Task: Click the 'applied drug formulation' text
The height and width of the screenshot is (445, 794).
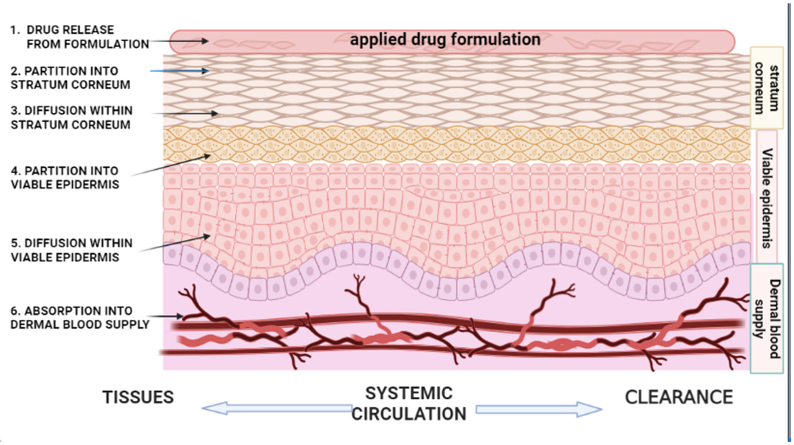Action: [x=445, y=40]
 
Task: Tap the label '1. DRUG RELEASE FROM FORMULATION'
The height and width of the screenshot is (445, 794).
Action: [x=80, y=37]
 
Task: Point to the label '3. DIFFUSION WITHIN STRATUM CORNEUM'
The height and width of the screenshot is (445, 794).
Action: [x=72, y=118]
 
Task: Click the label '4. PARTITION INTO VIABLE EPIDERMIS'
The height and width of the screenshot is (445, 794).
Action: [x=65, y=177]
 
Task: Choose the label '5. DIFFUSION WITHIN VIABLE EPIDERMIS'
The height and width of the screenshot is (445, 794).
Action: [x=72, y=250]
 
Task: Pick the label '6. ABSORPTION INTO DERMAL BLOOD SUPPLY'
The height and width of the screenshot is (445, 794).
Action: [x=80, y=318]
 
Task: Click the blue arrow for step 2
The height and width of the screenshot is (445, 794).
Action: [x=179, y=71]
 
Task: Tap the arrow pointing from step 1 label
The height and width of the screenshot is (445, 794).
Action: [x=179, y=41]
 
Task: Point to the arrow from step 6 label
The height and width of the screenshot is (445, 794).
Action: [x=165, y=316]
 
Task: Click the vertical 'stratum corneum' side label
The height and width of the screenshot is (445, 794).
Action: [x=766, y=88]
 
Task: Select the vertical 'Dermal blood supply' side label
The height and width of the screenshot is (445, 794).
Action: [x=766, y=318]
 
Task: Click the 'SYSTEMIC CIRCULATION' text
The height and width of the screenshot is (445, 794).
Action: [x=409, y=404]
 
